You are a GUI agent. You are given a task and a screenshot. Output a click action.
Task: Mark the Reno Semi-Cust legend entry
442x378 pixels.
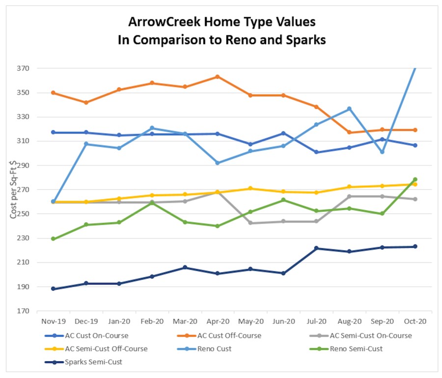pyautogui.click(x=356, y=349)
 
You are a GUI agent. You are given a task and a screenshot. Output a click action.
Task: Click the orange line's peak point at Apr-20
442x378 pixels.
pyautogui.click(x=217, y=77)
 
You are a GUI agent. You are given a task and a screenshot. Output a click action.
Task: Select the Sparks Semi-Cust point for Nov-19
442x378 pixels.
pyautogui.click(x=53, y=289)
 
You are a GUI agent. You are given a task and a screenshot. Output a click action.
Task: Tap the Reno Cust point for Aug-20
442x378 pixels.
pyautogui.click(x=349, y=108)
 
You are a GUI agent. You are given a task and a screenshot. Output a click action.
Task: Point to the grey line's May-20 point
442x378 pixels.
pyautogui.click(x=250, y=223)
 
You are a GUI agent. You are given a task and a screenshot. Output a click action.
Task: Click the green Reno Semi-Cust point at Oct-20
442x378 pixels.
pyautogui.click(x=415, y=180)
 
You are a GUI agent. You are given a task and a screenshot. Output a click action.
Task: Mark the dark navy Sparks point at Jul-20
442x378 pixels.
pyautogui.click(x=316, y=248)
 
